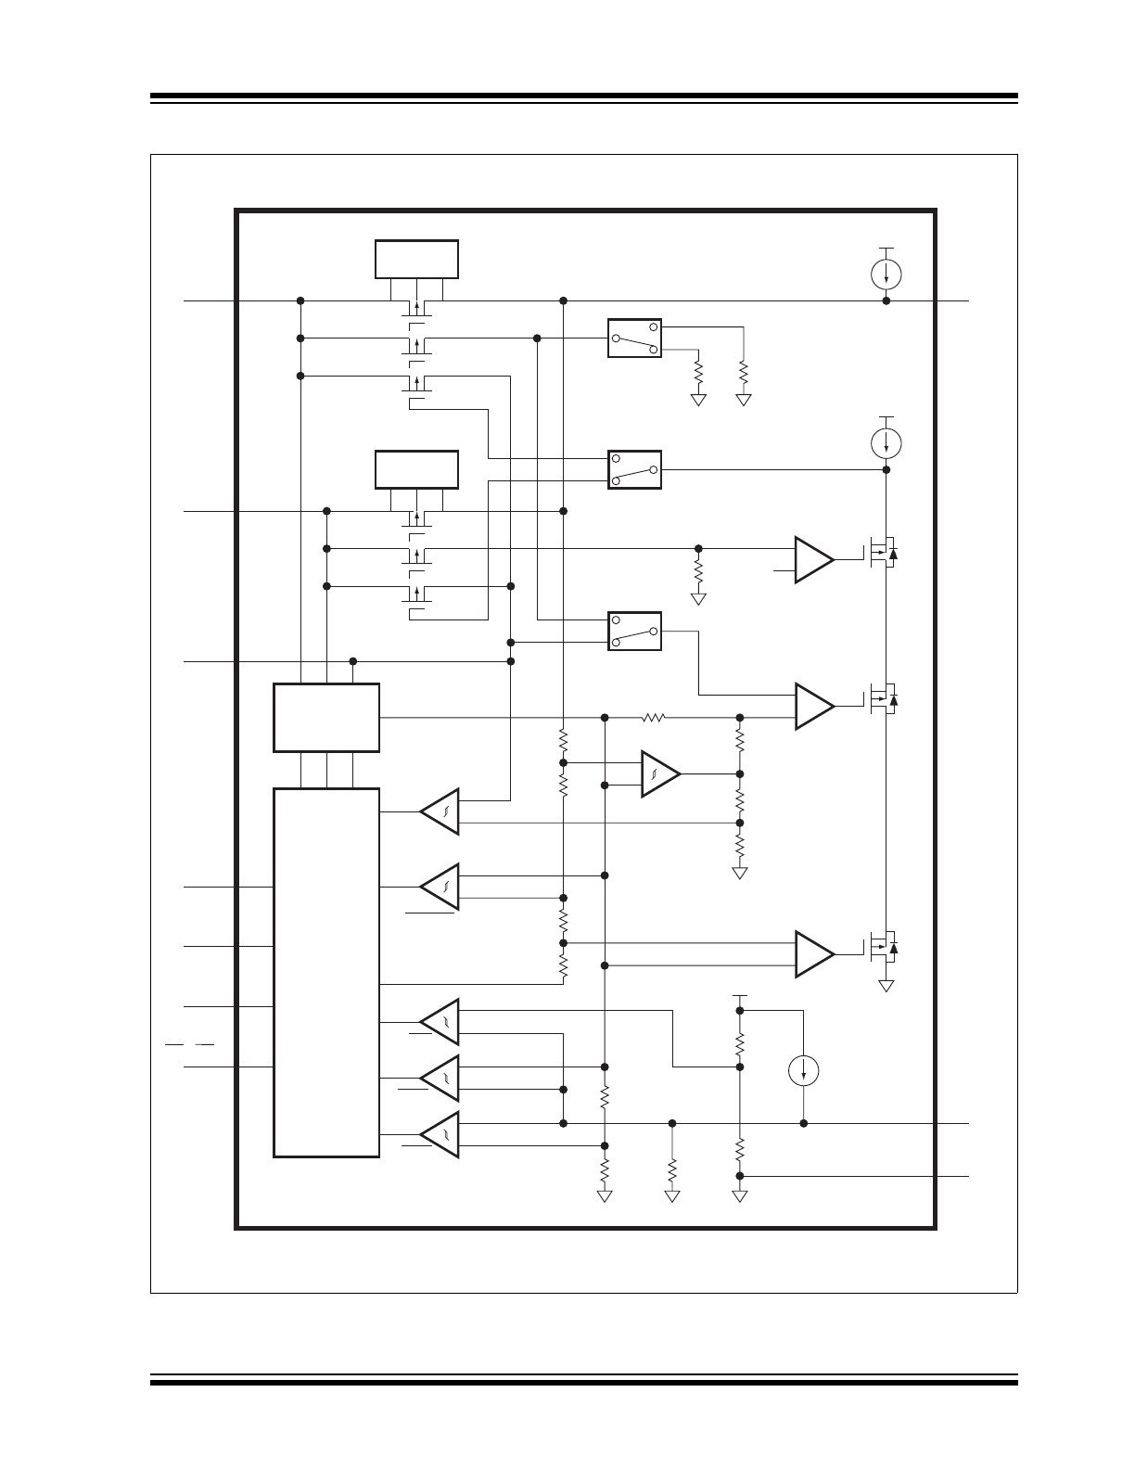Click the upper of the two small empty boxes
point(416,259)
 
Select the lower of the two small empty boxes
point(416,469)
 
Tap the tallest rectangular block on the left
point(326,973)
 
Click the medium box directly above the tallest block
point(326,718)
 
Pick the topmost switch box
point(634,339)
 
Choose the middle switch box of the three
point(634,470)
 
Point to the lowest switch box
point(634,631)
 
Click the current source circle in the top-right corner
point(887,274)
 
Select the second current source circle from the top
point(887,443)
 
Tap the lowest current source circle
point(803,1072)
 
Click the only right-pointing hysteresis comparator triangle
point(659,773)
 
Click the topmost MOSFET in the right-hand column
point(884,555)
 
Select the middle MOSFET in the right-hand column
point(884,697)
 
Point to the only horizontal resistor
point(655,717)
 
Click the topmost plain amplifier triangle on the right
point(814,559)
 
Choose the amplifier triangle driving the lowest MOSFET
point(814,954)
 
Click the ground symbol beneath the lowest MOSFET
point(887,986)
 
